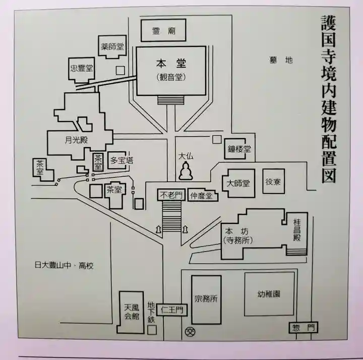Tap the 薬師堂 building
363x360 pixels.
coord(112,47)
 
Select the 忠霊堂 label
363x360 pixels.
coord(82,69)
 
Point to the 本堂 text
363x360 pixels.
coord(171,64)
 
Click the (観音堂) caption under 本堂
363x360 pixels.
coord(171,77)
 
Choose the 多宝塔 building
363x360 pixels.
coord(122,160)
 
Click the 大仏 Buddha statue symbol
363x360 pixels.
coord(185,172)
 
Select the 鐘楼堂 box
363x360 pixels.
coord(237,149)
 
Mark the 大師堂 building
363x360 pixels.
coord(238,183)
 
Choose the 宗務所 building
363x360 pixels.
coord(206,298)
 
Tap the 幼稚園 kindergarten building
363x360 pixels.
coord(269,294)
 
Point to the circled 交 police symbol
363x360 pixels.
coord(190,331)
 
